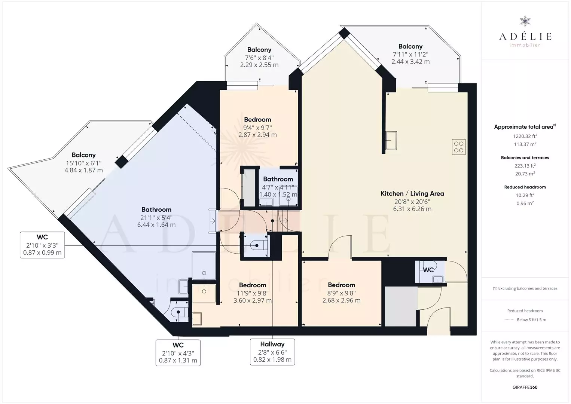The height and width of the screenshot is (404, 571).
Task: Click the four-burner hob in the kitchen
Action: click(459, 147)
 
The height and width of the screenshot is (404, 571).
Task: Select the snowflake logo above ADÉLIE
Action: click(525, 21)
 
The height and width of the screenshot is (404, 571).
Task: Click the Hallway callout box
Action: click(272, 352)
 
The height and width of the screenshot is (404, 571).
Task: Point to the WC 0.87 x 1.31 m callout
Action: click(178, 353)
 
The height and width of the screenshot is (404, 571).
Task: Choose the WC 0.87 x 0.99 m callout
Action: click(42, 245)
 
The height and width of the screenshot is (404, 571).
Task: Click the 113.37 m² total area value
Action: click(525, 144)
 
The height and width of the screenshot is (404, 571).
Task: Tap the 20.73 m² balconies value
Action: click(525, 174)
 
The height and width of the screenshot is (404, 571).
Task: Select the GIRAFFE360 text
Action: click(525, 387)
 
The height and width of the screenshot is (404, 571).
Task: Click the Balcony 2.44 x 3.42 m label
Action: click(410, 54)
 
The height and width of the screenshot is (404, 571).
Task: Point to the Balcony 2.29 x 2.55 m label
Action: click(259, 57)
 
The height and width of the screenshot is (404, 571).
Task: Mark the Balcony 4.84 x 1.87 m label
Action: click(83, 163)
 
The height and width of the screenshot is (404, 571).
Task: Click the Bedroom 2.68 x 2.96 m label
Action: click(341, 293)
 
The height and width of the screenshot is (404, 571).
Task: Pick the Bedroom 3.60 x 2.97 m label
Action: click(252, 293)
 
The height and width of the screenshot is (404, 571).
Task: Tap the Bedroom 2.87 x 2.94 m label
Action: click(257, 127)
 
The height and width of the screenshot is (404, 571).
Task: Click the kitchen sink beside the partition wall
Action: click(391, 140)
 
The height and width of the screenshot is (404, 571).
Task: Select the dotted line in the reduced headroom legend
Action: click(509, 319)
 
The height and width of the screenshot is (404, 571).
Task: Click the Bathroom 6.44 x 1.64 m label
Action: click(156, 217)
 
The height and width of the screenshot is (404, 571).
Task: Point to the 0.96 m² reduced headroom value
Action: click(525, 203)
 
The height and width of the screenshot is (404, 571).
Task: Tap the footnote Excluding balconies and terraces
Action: click(525, 288)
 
